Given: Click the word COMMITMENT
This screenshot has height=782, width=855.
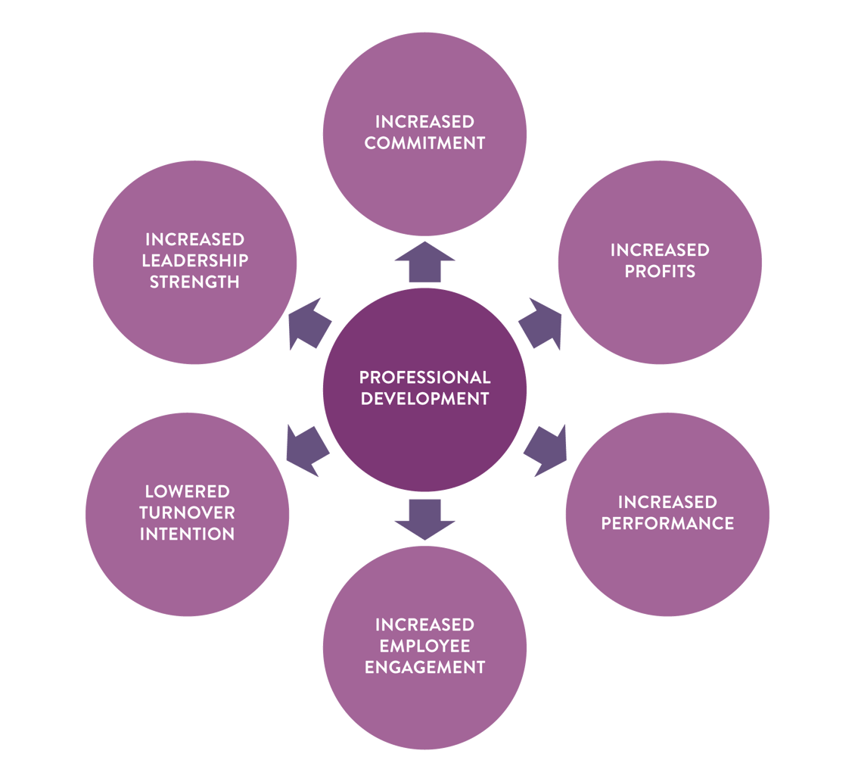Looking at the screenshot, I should point(424,142).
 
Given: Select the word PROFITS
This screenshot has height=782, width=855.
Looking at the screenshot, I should point(660,271).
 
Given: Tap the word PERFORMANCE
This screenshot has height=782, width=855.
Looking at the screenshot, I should point(667,523).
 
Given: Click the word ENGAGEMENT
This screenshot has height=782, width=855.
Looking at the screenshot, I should point(424,667).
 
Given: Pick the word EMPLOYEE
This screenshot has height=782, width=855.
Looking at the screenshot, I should point(424,646).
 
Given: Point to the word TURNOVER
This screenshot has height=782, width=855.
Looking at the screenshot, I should point(187,513).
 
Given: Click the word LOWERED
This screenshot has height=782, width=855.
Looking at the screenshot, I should point(187,491).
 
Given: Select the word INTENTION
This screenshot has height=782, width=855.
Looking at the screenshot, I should point(187,534).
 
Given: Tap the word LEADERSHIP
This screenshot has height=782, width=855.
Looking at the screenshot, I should point(195,260).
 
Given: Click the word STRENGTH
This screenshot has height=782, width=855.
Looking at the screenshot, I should point(195,282).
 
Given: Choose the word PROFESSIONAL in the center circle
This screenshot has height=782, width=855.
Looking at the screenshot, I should point(424,377).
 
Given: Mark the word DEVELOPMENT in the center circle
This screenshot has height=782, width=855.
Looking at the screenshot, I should point(424,398).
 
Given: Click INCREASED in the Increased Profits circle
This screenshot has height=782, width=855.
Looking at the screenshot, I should point(660,250).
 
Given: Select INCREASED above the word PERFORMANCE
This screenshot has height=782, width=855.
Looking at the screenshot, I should point(667,502).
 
